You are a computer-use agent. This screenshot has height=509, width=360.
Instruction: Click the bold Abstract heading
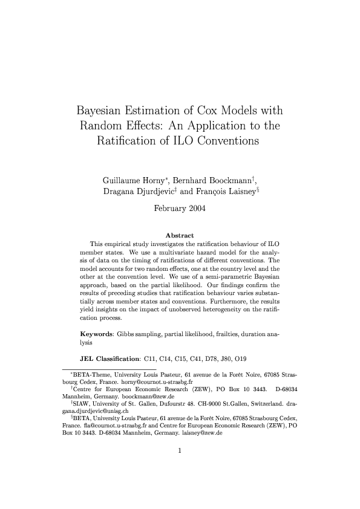tap(179, 235)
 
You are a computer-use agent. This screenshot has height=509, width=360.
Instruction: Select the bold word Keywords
tap(100, 334)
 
